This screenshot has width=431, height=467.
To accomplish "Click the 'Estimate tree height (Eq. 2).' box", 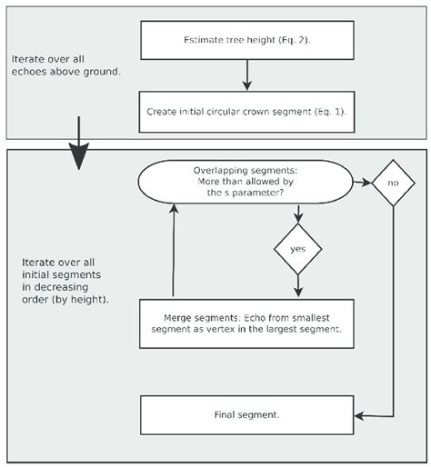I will [x=246, y=41].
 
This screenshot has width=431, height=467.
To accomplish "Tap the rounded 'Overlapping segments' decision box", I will [x=246, y=183].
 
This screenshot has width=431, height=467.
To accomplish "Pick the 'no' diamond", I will [x=392, y=183].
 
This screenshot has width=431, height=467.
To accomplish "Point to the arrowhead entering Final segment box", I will [x=361, y=415].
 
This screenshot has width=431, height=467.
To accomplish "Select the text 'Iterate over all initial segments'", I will [x=65, y=276].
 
